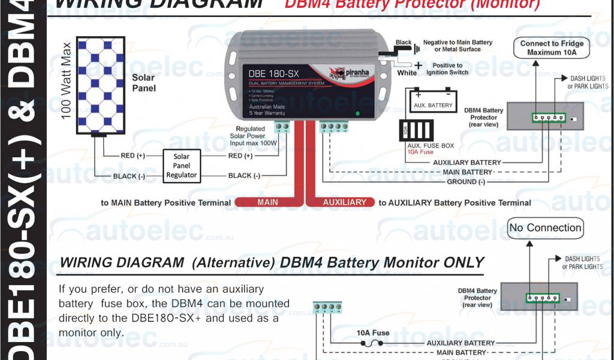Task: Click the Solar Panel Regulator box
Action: [x=181, y=166]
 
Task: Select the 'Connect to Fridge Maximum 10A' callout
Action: [x=551, y=48]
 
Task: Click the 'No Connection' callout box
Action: [x=545, y=228]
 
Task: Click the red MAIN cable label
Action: [x=267, y=202]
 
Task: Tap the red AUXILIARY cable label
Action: [x=344, y=202]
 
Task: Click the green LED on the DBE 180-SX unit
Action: [x=357, y=113]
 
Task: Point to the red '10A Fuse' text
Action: [x=421, y=152]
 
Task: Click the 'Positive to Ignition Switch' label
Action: [x=447, y=68]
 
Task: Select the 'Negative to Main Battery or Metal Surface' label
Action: [x=457, y=46]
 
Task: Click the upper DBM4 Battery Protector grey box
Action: [x=544, y=116]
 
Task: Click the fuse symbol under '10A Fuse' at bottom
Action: [x=372, y=344]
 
